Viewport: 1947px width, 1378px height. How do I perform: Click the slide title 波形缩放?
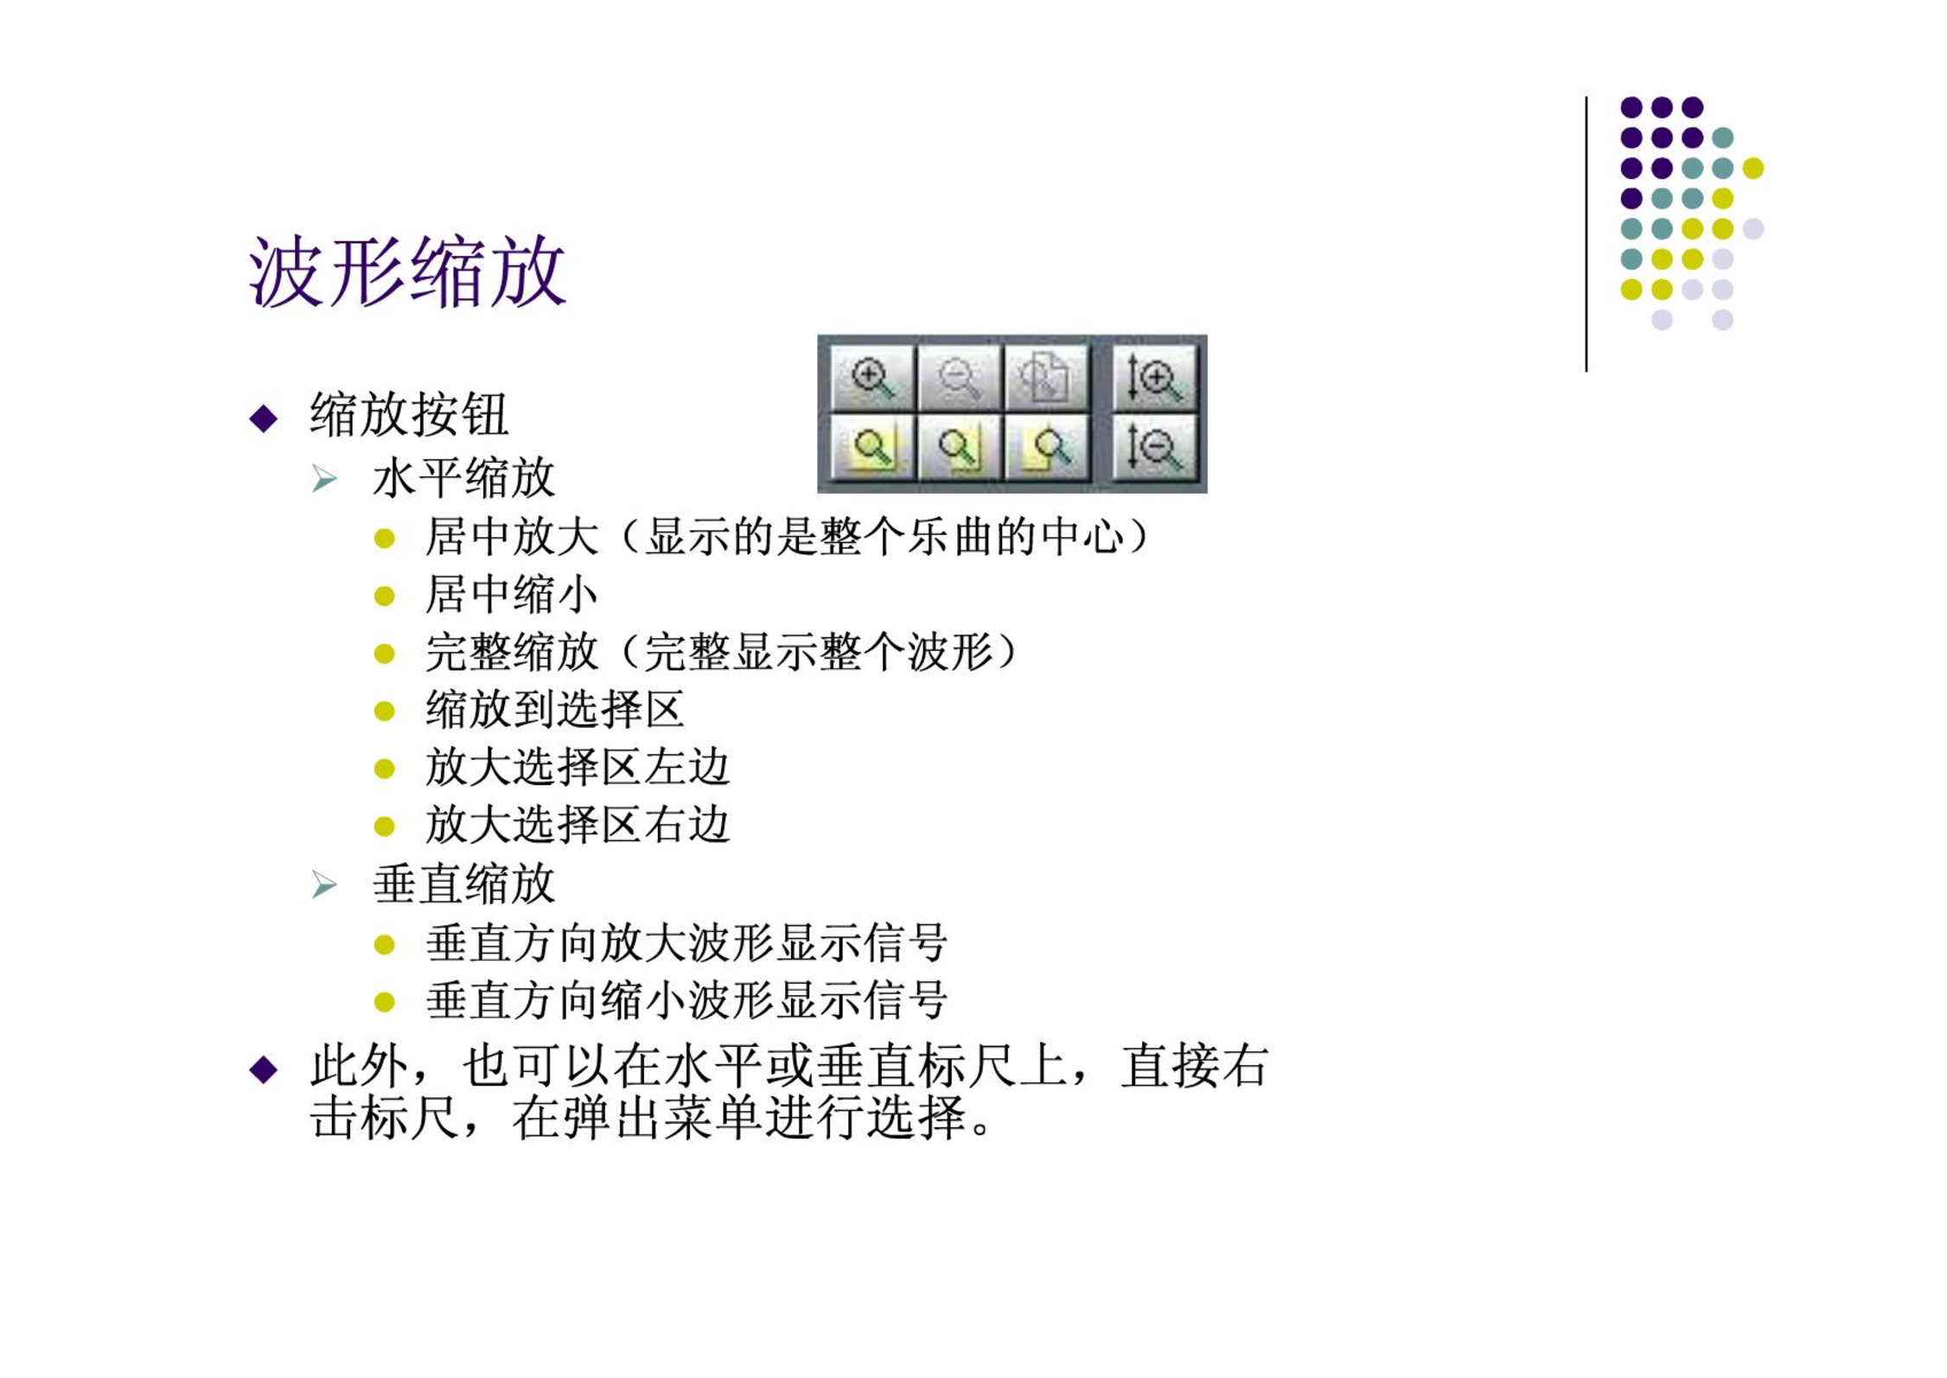(x=407, y=271)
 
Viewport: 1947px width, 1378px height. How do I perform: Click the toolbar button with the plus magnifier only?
(x=872, y=378)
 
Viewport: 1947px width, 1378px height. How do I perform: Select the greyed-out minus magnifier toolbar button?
(x=960, y=378)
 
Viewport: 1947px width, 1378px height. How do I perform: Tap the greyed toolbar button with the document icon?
(x=1046, y=378)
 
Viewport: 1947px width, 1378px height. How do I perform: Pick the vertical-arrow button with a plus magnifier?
(x=1154, y=378)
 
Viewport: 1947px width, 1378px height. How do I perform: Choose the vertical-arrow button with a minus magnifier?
(x=1154, y=448)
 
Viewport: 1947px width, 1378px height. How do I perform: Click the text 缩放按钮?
(x=409, y=415)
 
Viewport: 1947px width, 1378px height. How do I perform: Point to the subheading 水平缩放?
(x=463, y=478)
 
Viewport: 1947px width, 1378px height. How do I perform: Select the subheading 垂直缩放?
(x=463, y=884)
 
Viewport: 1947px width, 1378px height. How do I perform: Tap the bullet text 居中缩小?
(x=511, y=595)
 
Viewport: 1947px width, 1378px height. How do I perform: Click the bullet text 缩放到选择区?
(x=555, y=710)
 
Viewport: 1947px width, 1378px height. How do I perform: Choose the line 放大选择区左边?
(x=578, y=768)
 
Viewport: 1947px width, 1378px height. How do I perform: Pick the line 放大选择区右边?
(x=578, y=825)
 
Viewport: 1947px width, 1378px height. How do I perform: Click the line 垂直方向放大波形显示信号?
(x=686, y=943)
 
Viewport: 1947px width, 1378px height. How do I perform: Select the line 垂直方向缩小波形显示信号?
(x=686, y=1000)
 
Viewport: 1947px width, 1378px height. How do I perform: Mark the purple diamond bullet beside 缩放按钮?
(x=264, y=418)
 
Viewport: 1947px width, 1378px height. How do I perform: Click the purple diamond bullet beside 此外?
(x=264, y=1069)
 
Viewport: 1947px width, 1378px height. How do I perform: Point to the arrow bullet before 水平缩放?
(x=324, y=479)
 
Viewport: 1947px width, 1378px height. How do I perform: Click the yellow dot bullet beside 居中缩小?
(x=385, y=596)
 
